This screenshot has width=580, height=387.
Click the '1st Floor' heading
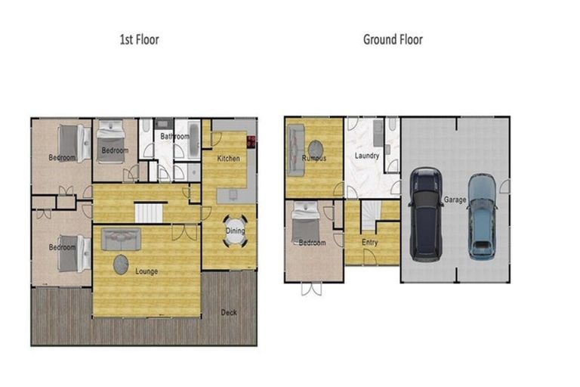click(x=139, y=39)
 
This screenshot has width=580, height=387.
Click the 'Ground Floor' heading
click(x=393, y=39)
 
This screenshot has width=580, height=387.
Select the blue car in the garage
click(x=481, y=216)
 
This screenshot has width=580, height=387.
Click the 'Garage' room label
click(x=454, y=200)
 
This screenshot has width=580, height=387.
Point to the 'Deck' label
click(x=230, y=312)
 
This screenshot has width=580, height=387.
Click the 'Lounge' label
click(x=147, y=271)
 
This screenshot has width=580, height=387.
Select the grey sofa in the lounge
click(x=121, y=239)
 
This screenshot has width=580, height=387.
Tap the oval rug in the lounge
click(x=121, y=265)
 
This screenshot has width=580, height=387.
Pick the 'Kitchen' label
click(x=228, y=159)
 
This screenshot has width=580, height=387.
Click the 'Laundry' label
click(x=367, y=156)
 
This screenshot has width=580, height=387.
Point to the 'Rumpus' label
click(x=314, y=159)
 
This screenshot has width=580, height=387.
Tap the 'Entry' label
click(x=370, y=243)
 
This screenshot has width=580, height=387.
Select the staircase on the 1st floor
click(x=150, y=212)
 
